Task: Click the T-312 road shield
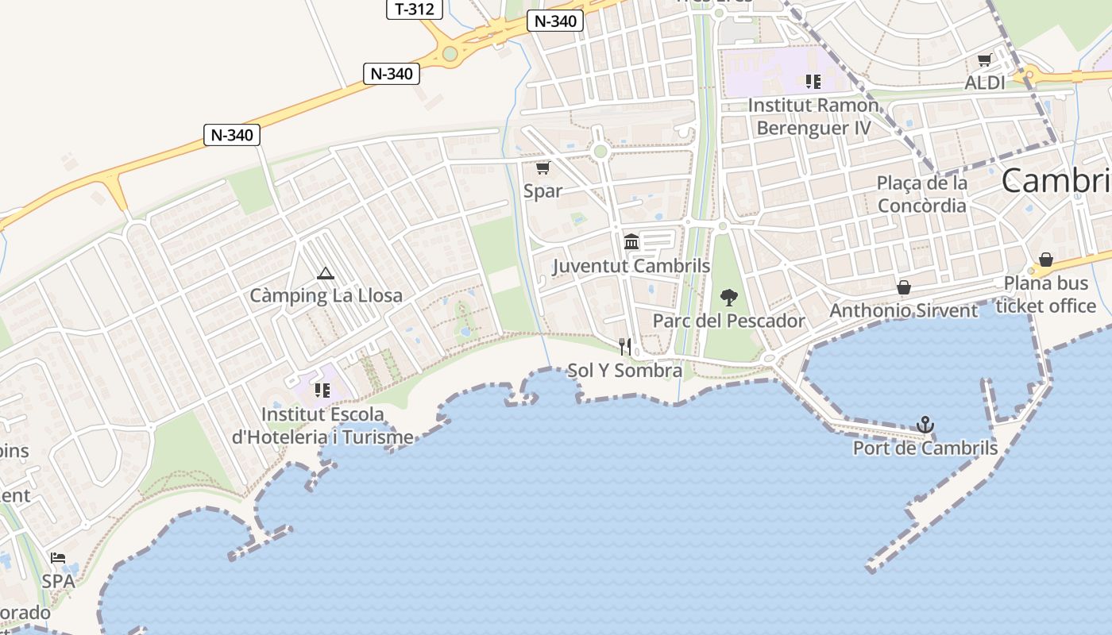click(x=414, y=9)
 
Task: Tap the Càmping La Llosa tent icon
click(x=324, y=274)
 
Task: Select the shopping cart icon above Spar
click(x=542, y=167)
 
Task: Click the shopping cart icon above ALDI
click(x=984, y=60)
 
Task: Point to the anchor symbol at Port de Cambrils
click(x=925, y=425)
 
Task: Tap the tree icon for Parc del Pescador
click(x=728, y=298)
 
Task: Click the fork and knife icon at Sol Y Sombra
click(x=625, y=347)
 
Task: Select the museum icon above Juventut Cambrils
click(x=631, y=241)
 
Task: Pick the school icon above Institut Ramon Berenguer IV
click(x=813, y=81)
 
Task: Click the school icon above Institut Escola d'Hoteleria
click(x=322, y=390)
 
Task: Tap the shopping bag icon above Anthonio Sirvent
click(x=903, y=287)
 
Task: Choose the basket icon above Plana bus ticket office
click(x=1045, y=260)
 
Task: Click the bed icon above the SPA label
click(x=58, y=558)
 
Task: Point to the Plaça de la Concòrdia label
click(x=921, y=194)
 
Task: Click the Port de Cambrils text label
click(x=925, y=448)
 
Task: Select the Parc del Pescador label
click(x=728, y=321)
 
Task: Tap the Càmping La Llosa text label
click(x=326, y=296)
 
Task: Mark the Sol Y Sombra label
click(x=624, y=371)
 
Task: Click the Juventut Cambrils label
click(x=631, y=266)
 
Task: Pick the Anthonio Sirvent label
click(x=903, y=310)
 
